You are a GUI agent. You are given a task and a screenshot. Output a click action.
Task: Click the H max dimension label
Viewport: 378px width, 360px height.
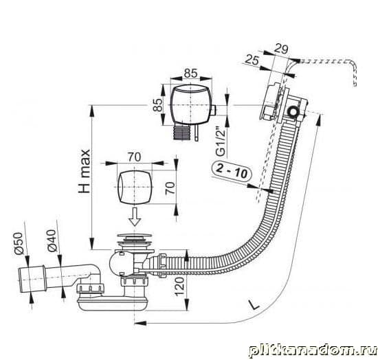(85, 171)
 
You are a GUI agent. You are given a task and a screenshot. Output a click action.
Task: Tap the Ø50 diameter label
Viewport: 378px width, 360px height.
(19, 243)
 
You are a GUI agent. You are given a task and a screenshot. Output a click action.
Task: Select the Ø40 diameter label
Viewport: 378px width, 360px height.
(52, 240)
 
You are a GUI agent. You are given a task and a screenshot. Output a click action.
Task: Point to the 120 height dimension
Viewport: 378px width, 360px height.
(179, 286)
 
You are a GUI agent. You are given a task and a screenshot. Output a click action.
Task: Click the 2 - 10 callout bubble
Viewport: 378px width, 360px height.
(232, 170)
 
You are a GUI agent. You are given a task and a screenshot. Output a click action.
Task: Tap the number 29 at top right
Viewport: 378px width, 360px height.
(281, 49)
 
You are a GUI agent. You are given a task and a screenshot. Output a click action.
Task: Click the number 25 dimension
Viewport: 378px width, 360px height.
(252, 60)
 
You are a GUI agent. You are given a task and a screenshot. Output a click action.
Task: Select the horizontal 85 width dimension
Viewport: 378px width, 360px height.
(190, 74)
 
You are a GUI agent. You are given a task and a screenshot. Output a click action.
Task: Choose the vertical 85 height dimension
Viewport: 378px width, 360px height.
(158, 105)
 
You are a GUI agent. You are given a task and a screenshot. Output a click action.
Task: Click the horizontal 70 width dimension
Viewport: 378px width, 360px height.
(134, 157)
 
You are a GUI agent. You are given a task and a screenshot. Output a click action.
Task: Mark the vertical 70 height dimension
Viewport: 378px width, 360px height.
(170, 188)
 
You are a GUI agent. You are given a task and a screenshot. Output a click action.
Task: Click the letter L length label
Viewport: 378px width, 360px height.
(254, 304)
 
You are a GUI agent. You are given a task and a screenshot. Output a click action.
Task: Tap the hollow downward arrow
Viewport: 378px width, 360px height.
(135, 216)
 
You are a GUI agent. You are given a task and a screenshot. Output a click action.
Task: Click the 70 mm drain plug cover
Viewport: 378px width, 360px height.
(135, 187)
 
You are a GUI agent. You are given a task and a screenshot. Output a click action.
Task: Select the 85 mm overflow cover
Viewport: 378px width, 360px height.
(191, 105)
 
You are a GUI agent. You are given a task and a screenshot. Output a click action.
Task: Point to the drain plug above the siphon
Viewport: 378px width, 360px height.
(134, 242)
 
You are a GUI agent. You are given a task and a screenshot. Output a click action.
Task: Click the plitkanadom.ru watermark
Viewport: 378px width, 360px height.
(313, 350)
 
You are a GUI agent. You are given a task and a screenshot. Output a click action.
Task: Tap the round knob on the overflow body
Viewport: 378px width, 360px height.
(293, 111)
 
